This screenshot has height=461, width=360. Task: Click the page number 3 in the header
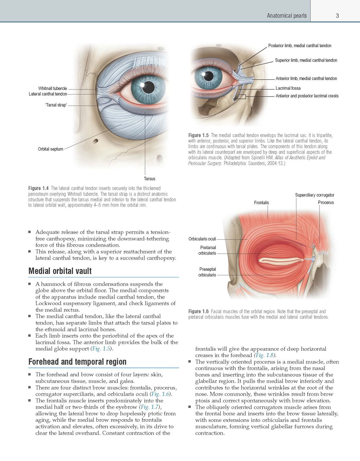(x=337, y=16)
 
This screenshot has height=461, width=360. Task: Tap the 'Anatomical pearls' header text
(x=287, y=16)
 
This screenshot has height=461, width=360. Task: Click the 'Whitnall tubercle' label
(x=53, y=88)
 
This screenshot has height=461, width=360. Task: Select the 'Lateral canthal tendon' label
(x=48, y=94)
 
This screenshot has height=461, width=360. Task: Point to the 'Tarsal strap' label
(x=56, y=105)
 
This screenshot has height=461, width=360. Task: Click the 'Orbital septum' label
(x=51, y=149)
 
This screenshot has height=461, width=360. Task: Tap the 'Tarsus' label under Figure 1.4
(x=150, y=179)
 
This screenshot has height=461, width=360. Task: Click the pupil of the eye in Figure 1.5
(x=209, y=76)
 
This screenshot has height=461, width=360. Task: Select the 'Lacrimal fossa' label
(x=288, y=88)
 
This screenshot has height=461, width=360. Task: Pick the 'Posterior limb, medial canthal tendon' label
(x=300, y=46)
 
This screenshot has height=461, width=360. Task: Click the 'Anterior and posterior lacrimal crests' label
(x=307, y=96)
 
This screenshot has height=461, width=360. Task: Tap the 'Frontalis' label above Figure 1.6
(x=261, y=203)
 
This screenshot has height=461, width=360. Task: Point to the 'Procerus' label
(x=326, y=202)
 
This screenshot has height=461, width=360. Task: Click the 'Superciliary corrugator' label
(x=314, y=195)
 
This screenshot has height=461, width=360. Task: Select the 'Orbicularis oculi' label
(x=202, y=239)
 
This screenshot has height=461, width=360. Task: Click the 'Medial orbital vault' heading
(x=60, y=271)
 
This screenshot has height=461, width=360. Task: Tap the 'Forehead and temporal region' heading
(x=77, y=362)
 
